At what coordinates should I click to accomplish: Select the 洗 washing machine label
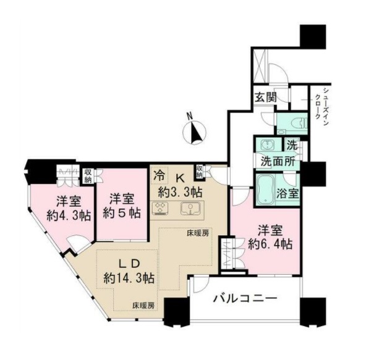pyautogui.click(x=292, y=146)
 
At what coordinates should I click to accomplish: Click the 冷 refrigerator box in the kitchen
pyautogui.click(x=159, y=174)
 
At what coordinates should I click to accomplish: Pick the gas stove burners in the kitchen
pyautogui.click(x=161, y=208)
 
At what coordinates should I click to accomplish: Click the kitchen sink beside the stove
pyautogui.click(x=188, y=208)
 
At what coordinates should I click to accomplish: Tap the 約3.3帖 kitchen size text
pyautogui.click(x=180, y=191)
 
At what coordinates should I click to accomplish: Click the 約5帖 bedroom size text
pyautogui.click(x=121, y=213)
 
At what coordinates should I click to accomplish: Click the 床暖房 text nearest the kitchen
pyautogui.click(x=198, y=233)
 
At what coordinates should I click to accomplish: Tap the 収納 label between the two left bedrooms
pyautogui.click(x=88, y=174)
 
